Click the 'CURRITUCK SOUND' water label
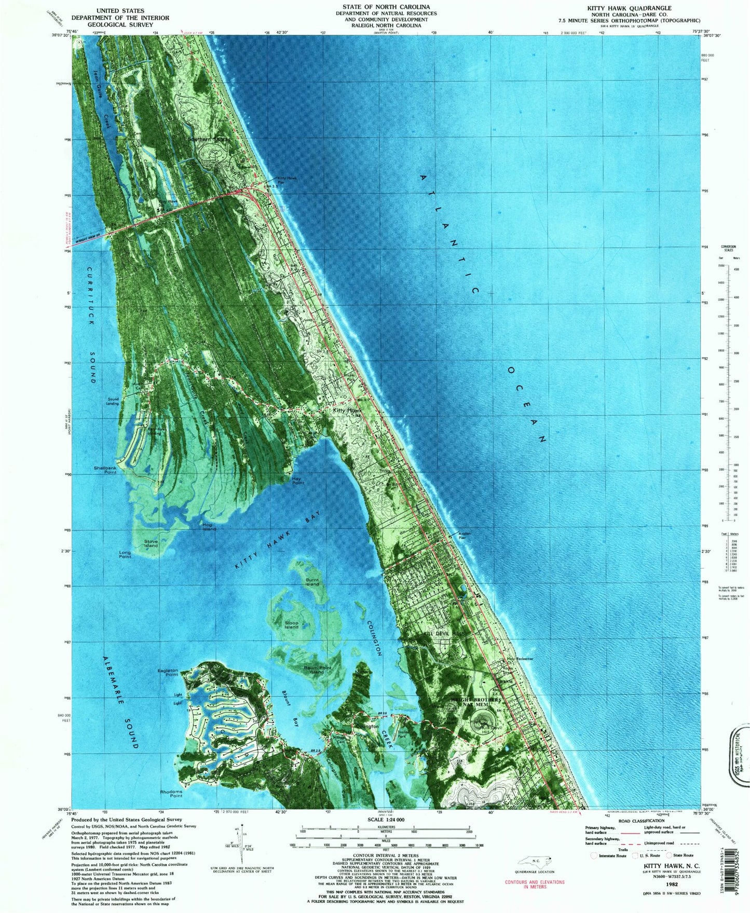(x=92, y=325)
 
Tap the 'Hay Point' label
(x=298, y=481)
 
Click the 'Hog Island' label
(x=209, y=527)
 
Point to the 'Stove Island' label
(x=151, y=543)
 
